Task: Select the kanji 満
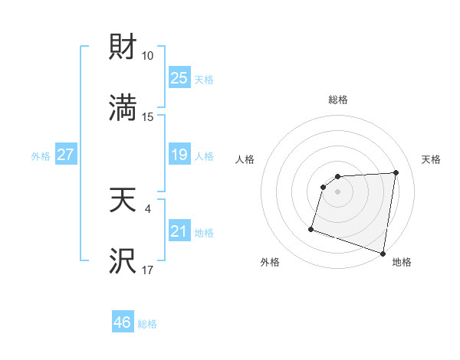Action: [123, 107]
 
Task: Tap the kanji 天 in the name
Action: [123, 200]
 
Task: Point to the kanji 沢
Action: [123, 261]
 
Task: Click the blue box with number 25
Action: [179, 77]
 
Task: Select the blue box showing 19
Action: [179, 155]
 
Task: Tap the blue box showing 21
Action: [179, 231]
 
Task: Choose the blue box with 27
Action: [66, 155]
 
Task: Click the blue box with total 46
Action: [123, 322]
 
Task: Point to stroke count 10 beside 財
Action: [148, 56]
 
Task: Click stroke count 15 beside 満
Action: [148, 116]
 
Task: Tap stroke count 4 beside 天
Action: [148, 208]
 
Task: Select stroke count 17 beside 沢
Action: [148, 270]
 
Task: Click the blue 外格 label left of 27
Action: [41, 155]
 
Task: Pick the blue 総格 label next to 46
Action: [147, 324]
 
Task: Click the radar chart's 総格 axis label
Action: [337, 100]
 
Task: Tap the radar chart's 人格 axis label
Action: [245, 159]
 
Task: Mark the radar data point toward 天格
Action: [396, 172]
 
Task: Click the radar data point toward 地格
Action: [383, 253]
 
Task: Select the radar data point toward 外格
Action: [311, 228]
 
